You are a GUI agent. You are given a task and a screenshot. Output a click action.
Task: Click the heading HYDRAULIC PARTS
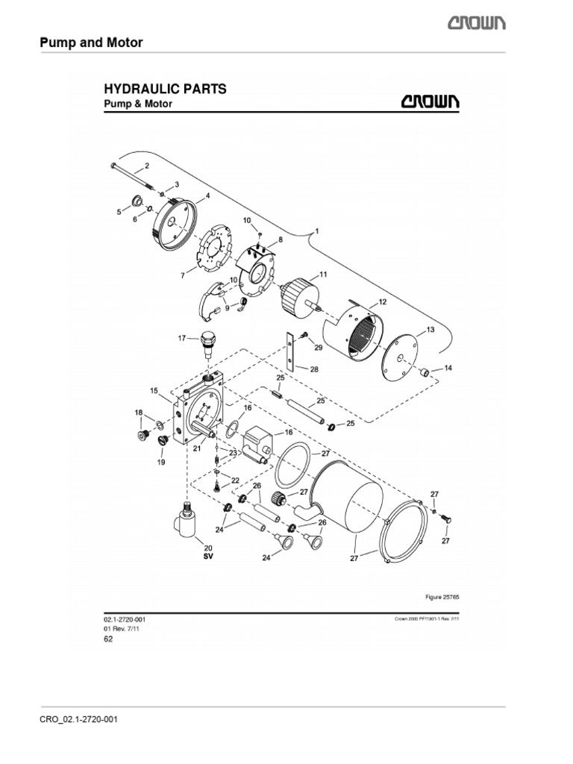click(164, 89)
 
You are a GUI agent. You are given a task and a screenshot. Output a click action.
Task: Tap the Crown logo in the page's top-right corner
click(476, 24)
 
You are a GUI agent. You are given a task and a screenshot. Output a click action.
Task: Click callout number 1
click(316, 231)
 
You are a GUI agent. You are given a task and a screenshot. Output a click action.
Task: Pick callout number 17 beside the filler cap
click(181, 338)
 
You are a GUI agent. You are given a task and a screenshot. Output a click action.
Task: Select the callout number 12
click(383, 301)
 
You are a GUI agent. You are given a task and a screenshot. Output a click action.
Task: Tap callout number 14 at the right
click(448, 368)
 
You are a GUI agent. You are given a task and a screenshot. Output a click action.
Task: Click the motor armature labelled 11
click(298, 292)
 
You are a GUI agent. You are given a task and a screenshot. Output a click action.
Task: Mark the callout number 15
click(154, 389)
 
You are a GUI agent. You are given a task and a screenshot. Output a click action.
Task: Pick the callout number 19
click(160, 463)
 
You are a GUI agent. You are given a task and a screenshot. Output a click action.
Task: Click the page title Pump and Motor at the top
click(90, 43)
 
